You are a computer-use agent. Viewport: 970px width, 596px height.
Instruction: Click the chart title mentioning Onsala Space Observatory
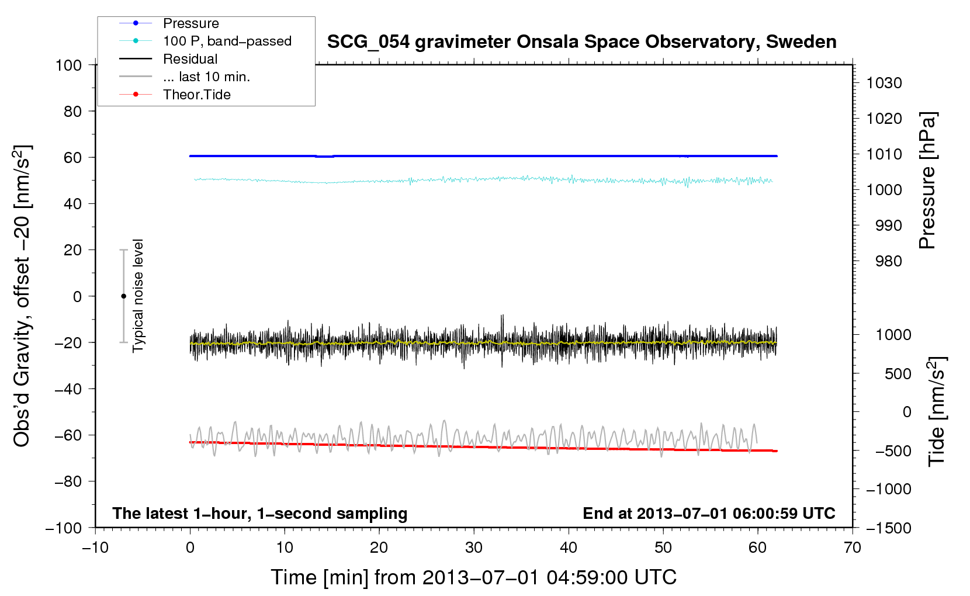pyautogui.click(x=581, y=42)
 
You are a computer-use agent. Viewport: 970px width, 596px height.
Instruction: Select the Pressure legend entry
pyautogui.click(x=190, y=23)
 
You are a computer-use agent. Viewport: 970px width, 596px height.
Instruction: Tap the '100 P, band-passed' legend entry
pyautogui.click(x=227, y=41)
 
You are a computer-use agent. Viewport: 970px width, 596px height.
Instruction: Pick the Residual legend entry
pyautogui.click(x=190, y=59)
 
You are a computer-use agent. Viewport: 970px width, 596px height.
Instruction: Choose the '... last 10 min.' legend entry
pyautogui.click(x=206, y=77)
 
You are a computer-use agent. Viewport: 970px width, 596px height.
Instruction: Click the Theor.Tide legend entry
pyautogui.click(x=196, y=95)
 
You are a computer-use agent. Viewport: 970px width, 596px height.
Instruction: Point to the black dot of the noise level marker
pyautogui.click(x=123, y=296)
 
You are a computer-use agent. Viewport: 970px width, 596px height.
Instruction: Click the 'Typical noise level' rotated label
pyautogui.click(x=138, y=296)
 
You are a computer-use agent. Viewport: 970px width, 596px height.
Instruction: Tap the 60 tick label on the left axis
pyautogui.click(x=72, y=157)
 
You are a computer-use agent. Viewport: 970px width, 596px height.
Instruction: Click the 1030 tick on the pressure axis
pyautogui.click(x=884, y=83)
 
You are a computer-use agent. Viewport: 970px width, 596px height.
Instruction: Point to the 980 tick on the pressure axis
pyautogui.click(x=888, y=261)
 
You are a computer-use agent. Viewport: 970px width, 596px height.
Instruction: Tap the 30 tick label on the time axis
pyautogui.click(x=474, y=548)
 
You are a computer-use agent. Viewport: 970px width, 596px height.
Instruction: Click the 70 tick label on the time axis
pyautogui.click(x=853, y=548)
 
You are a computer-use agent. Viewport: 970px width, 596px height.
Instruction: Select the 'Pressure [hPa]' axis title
pyautogui.click(x=927, y=181)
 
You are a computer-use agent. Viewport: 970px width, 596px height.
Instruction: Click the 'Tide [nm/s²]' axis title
pyautogui.click(x=937, y=413)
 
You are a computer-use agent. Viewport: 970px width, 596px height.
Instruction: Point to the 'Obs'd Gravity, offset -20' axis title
pyautogui.click(x=22, y=296)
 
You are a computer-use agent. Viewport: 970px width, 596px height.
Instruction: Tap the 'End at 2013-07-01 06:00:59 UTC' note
pyautogui.click(x=709, y=513)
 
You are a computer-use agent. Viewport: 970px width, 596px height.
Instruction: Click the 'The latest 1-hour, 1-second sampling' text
pyautogui.click(x=260, y=513)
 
